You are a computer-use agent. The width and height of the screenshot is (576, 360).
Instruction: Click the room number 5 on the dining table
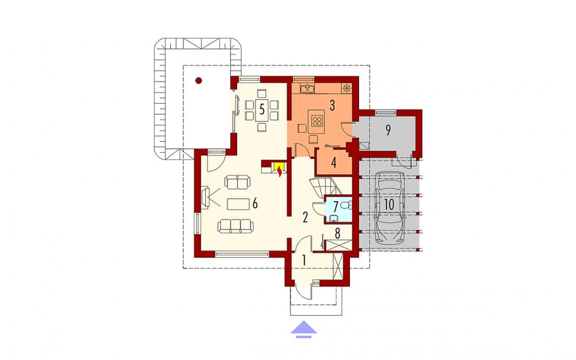pos(262,109)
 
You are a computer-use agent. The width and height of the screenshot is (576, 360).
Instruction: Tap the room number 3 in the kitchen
pos(332,105)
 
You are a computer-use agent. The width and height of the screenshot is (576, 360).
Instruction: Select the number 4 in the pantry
pos(333,163)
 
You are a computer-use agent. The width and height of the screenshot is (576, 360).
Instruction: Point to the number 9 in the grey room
pos(388,130)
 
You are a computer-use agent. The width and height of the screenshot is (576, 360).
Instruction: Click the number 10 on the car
pos(389,204)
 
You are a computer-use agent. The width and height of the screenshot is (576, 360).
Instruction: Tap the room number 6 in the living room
pos(254,203)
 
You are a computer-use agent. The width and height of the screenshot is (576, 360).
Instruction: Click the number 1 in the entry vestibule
pos(304,260)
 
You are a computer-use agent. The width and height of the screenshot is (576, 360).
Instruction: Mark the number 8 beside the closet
pos(338,232)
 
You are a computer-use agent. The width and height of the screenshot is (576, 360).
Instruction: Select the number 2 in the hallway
pos(305,217)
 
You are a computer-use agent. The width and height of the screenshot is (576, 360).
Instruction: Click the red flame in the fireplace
pos(280,171)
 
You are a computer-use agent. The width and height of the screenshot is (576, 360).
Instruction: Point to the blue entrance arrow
pos(304,329)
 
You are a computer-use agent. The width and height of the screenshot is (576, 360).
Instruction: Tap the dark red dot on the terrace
pos(199,80)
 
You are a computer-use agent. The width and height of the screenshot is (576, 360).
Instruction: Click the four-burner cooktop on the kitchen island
pos(317,120)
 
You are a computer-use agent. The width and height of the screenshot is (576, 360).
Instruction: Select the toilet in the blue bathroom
pos(346,205)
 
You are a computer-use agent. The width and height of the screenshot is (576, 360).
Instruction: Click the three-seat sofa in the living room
pos(235,226)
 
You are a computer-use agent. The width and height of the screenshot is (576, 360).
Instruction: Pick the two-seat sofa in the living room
pos(237,182)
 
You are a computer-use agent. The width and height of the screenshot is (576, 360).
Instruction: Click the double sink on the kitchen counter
pos(307,88)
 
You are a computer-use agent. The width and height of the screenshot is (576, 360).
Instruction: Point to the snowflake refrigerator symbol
pos(346,88)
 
